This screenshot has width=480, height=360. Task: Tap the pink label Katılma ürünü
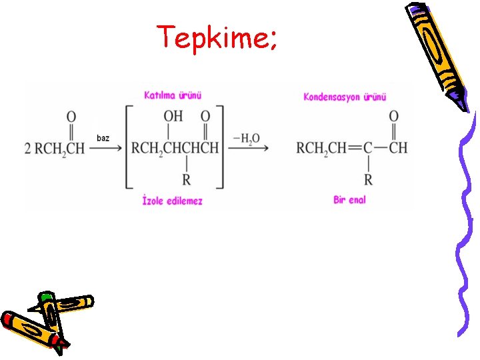click(173, 95)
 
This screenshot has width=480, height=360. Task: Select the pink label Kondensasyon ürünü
click(345, 97)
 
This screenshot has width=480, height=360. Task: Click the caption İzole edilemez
click(173, 200)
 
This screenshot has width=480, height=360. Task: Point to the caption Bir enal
click(349, 199)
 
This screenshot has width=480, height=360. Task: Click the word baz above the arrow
click(103, 138)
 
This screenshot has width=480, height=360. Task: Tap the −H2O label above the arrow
click(246, 139)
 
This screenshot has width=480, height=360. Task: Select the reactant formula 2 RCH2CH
click(55, 148)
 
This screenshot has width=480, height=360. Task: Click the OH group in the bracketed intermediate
click(173, 117)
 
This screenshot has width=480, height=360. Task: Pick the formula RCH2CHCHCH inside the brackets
click(175, 148)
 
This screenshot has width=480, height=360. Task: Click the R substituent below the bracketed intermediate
click(186, 179)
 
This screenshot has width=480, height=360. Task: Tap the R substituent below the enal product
click(368, 179)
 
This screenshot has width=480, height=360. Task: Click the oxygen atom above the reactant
click(71, 117)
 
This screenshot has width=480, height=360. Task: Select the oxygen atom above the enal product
click(393, 117)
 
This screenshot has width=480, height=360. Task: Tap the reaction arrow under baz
click(105, 149)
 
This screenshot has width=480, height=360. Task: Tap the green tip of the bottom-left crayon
click(45, 295)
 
